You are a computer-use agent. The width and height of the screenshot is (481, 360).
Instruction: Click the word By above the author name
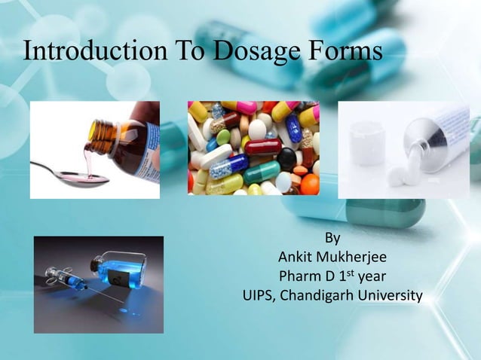[x=332, y=239]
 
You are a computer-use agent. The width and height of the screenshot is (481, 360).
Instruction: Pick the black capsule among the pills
[x=287, y=157]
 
